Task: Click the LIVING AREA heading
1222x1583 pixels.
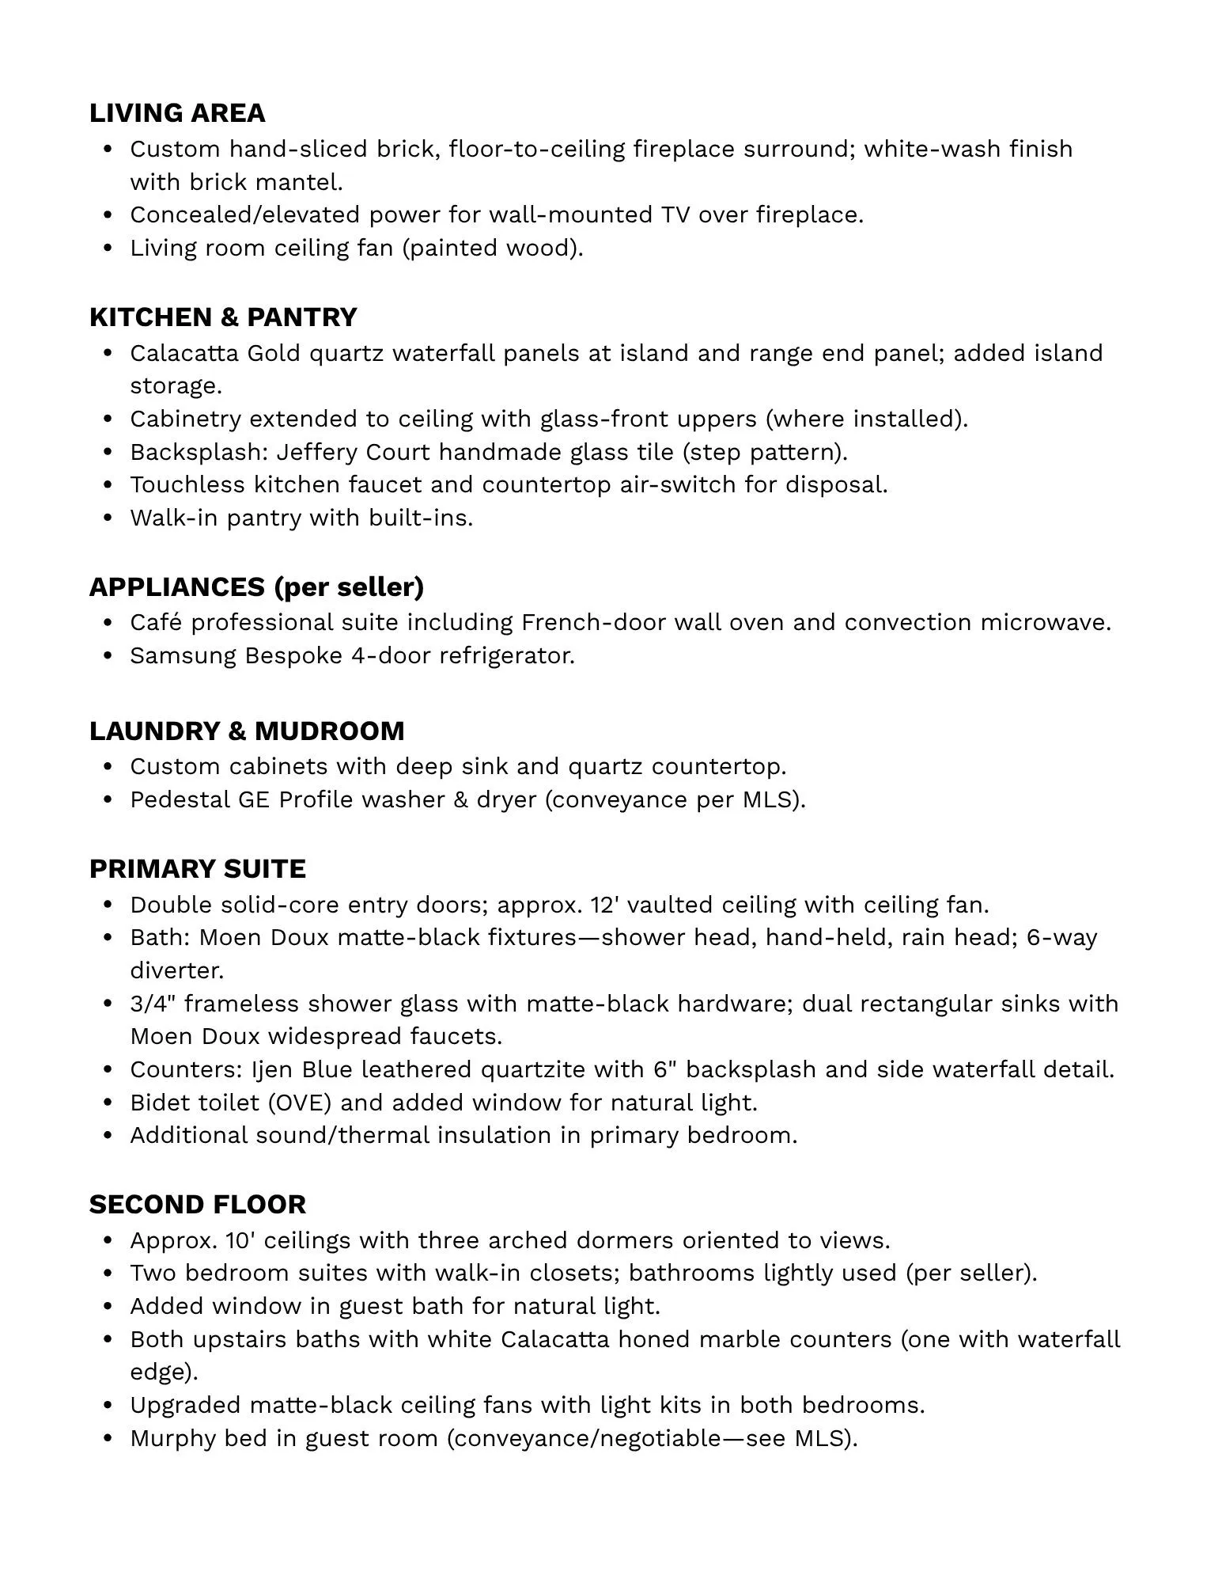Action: (x=177, y=113)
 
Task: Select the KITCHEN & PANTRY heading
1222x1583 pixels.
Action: (x=223, y=317)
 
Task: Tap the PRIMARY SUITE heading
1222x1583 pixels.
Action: (x=197, y=869)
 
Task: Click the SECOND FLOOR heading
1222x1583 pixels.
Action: (x=197, y=1205)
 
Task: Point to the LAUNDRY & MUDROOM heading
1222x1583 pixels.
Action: (x=247, y=731)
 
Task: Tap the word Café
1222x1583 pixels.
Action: (x=156, y=623)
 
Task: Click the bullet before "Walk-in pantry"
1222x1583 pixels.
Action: (x=108, y=518)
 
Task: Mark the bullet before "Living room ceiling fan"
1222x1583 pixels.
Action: (x=108, y=249)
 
